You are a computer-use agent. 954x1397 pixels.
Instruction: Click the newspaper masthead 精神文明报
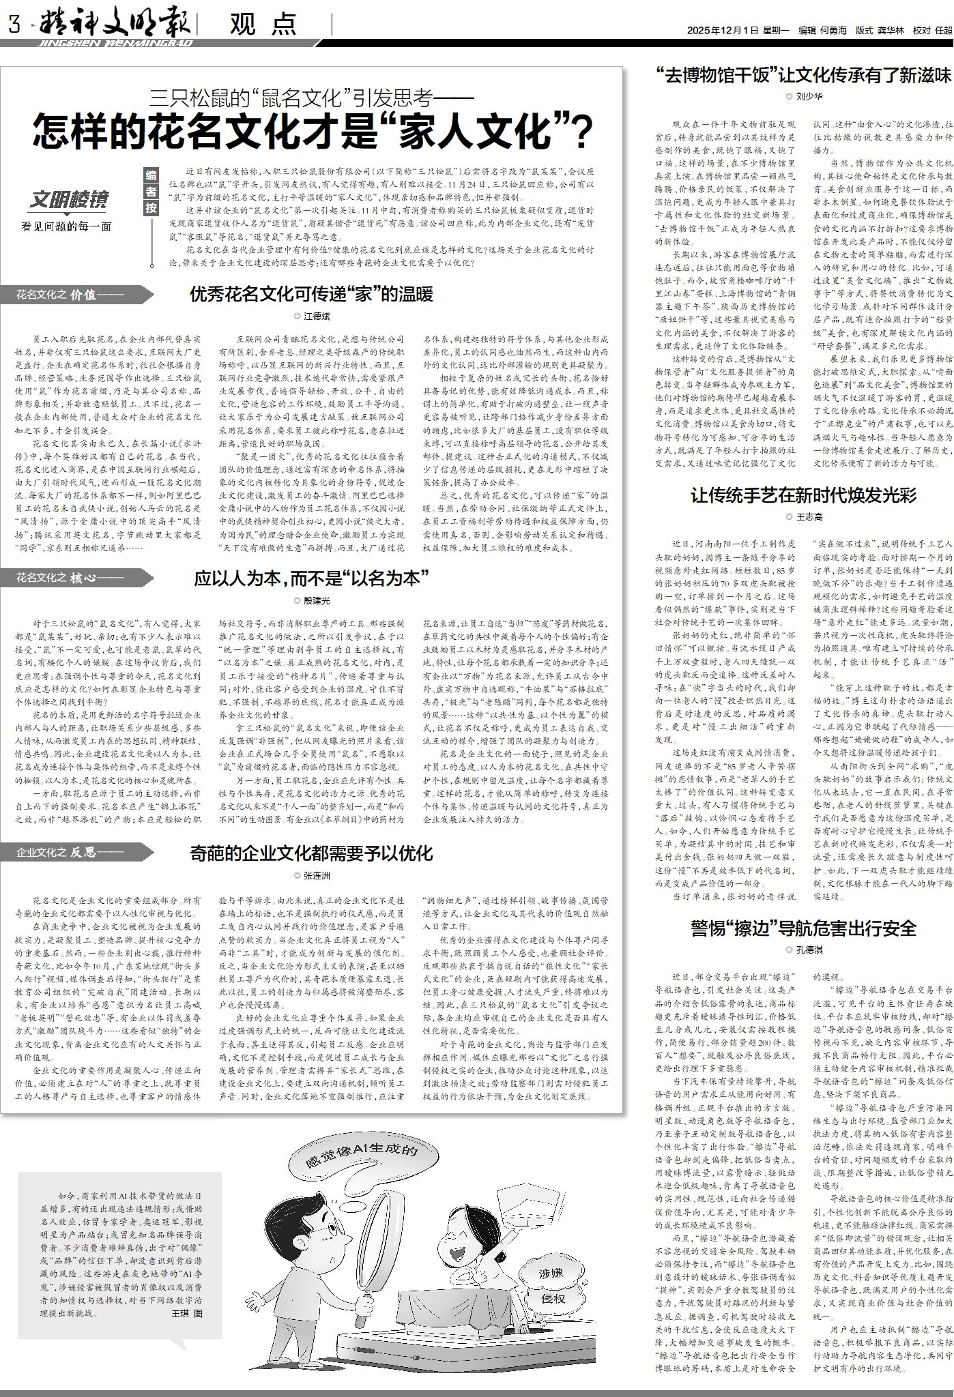coord(113,24)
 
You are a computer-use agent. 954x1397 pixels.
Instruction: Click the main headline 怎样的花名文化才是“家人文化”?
coord(313,132)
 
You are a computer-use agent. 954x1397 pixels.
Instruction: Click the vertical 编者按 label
coord(151,192)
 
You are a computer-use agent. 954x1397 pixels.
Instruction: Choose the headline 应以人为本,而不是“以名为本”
coord(310,579)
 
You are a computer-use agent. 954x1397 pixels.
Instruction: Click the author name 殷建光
coord(316,600)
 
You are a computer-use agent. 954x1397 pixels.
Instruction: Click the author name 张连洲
coord(316,875)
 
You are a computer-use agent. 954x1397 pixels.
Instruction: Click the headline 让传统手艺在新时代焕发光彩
coord(803,495)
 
